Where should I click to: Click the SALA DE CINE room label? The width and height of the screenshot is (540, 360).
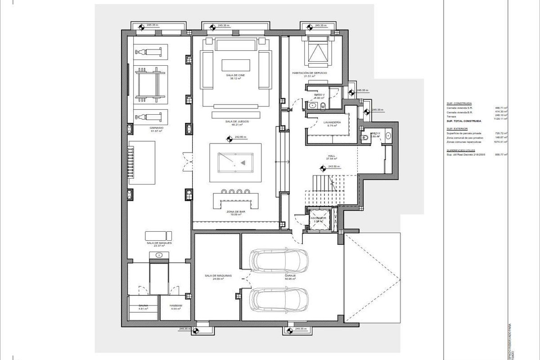pos(233,75)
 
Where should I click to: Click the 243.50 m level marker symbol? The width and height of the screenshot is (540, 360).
pos(323,169)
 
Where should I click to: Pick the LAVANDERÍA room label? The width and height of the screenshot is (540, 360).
pos(332,122)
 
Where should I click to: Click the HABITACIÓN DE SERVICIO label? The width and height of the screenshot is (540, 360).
pos(309,73)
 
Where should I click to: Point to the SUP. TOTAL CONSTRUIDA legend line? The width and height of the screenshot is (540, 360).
pos(464,121)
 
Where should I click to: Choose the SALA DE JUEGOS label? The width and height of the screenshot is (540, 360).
pos(235,122)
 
